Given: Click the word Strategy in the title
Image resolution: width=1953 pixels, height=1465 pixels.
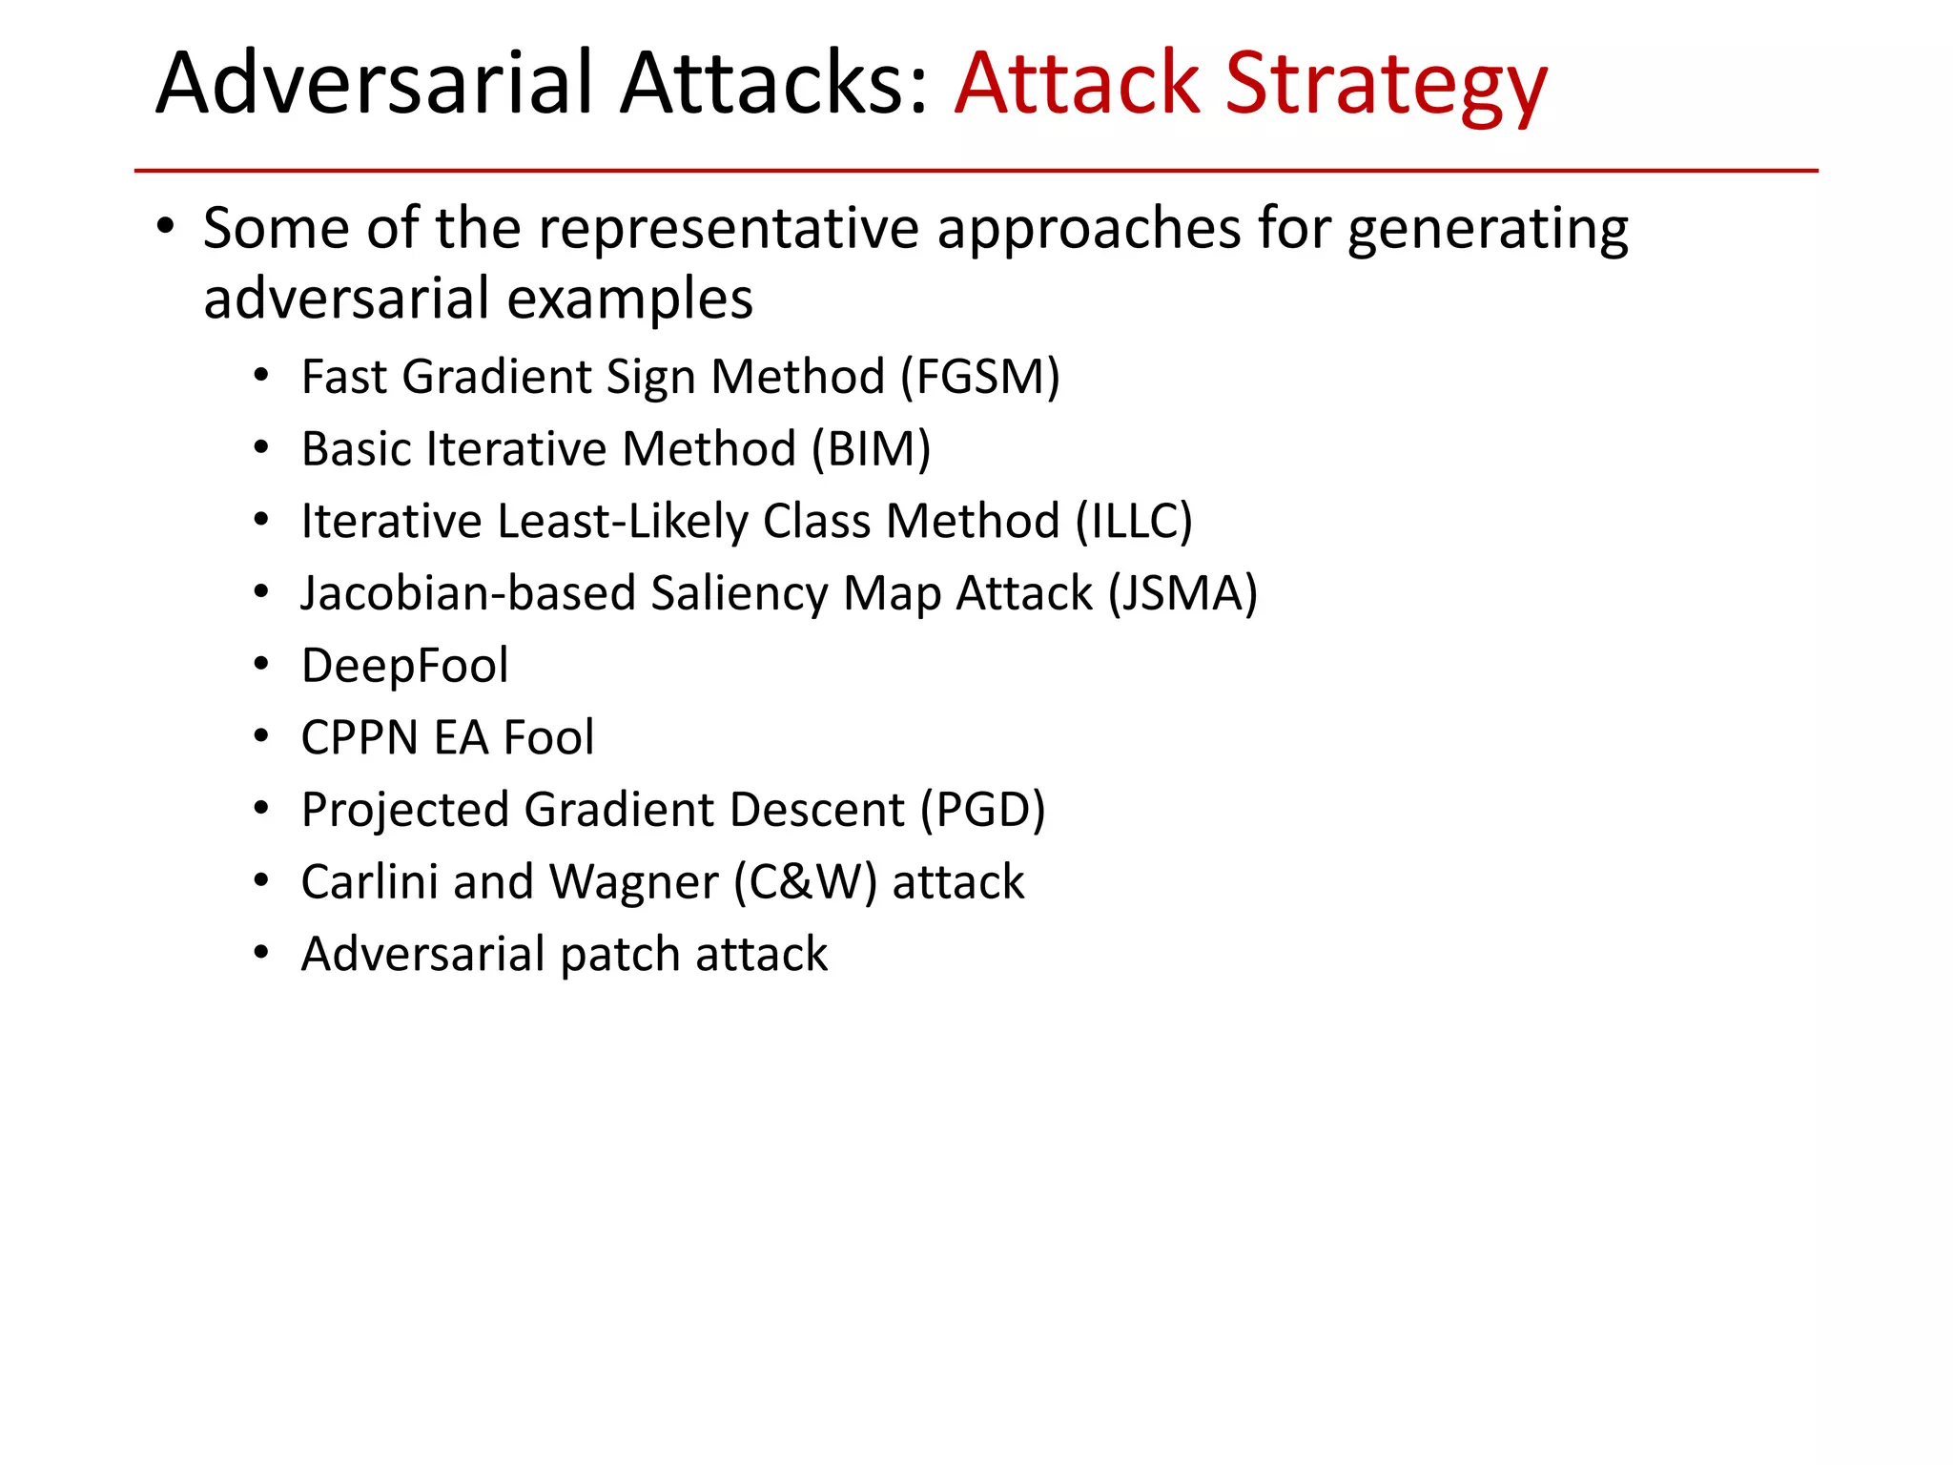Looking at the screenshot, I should tap(1385, 86).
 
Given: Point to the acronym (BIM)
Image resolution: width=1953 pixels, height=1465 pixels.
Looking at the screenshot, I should tap(871, 449).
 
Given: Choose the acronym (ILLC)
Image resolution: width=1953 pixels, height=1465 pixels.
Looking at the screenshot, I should tap(1134, 522).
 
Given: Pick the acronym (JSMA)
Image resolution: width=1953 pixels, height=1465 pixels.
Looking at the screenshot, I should tap(1182, 594).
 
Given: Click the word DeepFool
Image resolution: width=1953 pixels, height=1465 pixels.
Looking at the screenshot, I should tap(404, 666).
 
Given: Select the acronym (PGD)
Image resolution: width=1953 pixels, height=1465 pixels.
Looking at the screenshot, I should tap(982, 811).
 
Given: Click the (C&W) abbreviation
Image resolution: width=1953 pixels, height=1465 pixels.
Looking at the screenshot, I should tap(805, 882).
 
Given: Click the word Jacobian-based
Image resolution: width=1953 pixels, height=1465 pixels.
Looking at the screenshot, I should tap(467, 594).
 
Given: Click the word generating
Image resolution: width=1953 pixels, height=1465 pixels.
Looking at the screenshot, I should tap(1488, 231).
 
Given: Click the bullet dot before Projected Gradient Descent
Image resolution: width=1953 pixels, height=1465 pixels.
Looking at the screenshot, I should tap(261, 810).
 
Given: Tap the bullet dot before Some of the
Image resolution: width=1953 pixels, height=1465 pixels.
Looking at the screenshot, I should tap(166, 228).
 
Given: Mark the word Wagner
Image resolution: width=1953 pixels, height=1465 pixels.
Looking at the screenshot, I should tap(633, 883).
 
